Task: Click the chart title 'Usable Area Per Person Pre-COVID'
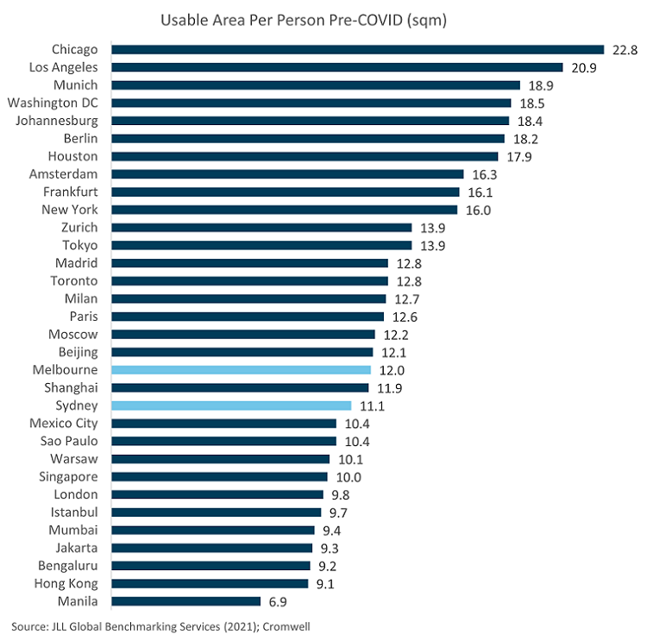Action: pos(323,19)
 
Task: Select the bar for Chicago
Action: pos(357,49)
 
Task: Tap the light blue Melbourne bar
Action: pos(241,369)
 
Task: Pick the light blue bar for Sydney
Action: pos(231,405)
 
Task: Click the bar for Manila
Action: pos(185,600)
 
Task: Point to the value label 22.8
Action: pos(625,50)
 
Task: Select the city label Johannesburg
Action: pos(57,121)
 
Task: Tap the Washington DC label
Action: pos(53,103)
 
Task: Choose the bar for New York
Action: pos(284,210)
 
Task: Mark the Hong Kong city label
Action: pos(68,583)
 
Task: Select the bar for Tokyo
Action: pos(261,245)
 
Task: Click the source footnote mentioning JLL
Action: pos(163,625)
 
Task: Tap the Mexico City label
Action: pos(63,423)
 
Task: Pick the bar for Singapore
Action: pos(219,476)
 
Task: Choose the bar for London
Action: pos(217,494)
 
